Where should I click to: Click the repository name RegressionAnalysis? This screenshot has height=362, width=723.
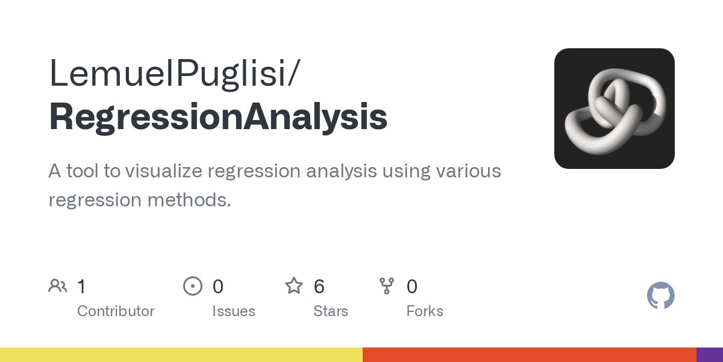coord(218,117)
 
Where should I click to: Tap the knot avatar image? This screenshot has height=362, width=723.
coord(614,109)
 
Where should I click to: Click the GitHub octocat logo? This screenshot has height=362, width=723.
coord(660,296)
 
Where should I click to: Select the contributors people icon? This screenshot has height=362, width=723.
coord(58,286)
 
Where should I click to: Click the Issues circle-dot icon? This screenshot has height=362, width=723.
coord(192,286)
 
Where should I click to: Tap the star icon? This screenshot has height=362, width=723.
coord(294,286)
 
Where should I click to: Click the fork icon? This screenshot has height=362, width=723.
coord(386,286)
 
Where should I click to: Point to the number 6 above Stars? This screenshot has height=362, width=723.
coord(319,287)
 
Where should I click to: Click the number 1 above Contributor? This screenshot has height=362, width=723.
coord(81,287)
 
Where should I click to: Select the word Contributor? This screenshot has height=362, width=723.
coord(116,311)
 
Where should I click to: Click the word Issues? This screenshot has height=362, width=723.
coord(234,311)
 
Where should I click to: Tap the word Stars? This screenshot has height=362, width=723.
coord(331,311)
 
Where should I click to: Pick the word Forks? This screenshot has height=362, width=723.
coord(425,311)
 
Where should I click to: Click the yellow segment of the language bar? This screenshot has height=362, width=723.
coord(181,355)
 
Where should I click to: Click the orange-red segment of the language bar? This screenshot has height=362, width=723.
coord(529,355)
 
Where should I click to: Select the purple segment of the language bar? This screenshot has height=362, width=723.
coord(710,355)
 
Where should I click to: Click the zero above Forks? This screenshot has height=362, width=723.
coord(412,287)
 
